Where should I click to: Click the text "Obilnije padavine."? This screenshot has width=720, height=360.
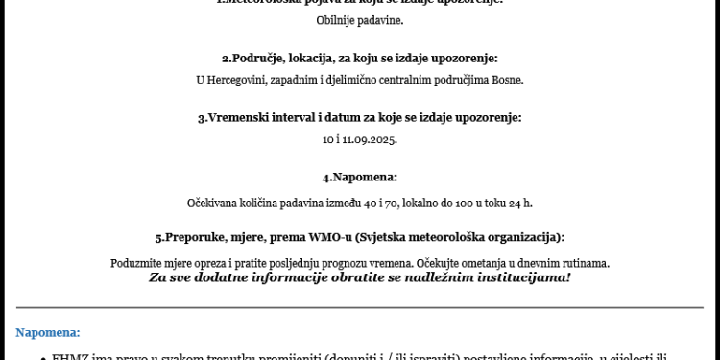coord(359,20)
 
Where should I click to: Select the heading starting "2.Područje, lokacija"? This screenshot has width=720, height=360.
coord(359,59)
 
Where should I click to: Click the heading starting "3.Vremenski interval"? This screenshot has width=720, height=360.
coord(359,118)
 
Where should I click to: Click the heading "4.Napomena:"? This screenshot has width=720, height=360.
coord(359,178)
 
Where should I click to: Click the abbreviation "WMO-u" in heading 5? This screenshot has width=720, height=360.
coord(323,236)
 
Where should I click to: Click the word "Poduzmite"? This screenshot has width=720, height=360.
coord(139,262)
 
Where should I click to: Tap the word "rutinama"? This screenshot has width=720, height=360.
coord(585,262)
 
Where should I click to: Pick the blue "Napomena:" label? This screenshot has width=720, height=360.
coord(47,331)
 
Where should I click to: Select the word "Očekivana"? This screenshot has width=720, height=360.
coord(212,203)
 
